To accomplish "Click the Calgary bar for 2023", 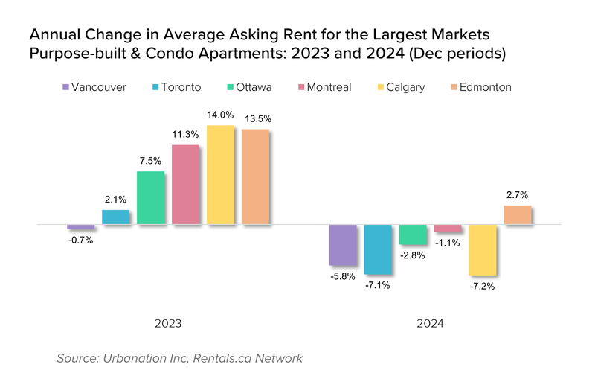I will coord(220,175).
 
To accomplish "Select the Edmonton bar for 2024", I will coord(518,215).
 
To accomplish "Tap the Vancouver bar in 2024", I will coord(343,245).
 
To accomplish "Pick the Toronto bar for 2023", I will coord(115,217).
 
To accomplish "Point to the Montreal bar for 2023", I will coord(185,185).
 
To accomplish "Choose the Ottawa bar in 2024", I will coord(413,235).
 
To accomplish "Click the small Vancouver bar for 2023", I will coord(80,226).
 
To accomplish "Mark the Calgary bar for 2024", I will coord(483,250).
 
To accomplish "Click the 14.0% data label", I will coord(220,115).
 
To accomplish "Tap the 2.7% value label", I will coord(518,195).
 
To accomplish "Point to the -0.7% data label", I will coord(80,240).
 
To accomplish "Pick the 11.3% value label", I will coord(185,135).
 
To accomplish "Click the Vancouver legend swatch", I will coord(66,87).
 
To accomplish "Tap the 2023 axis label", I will coord(168,325).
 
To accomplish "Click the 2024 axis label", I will coord(430,325).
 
